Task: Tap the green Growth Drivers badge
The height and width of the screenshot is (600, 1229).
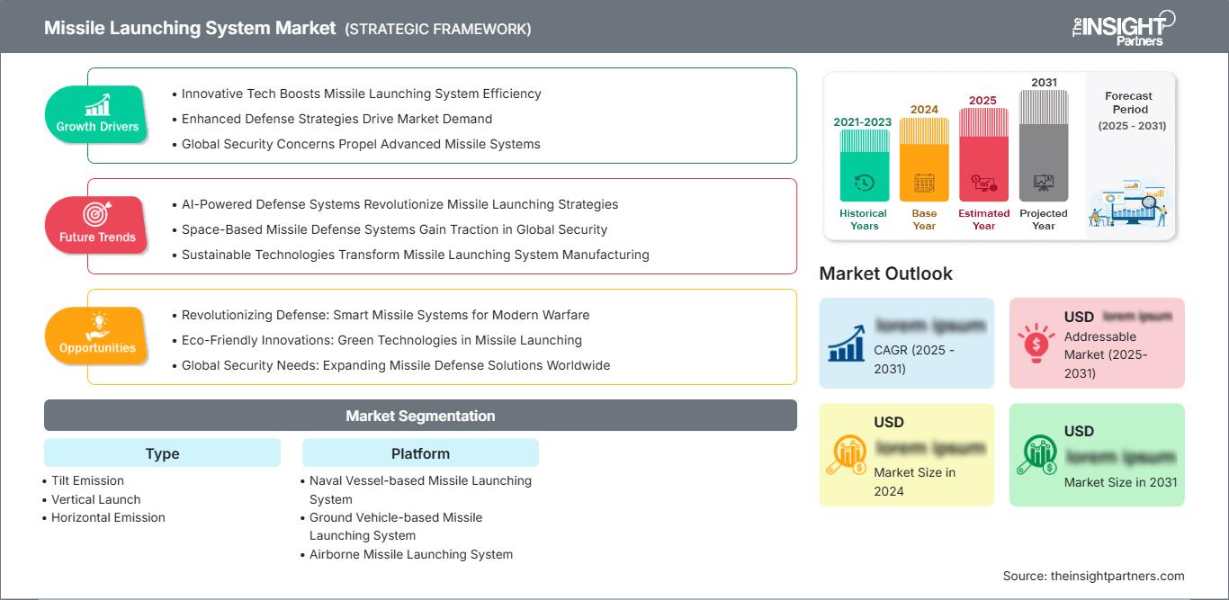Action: tap(97, 115)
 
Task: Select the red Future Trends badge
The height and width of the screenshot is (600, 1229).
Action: tap(97, 225)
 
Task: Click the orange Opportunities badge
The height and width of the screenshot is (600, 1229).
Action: tap(97, 336)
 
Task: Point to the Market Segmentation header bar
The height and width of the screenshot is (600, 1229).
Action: tap(420, 416)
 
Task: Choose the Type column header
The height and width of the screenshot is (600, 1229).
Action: tap(162, 453)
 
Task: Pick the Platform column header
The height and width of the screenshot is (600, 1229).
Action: tap(420, 453)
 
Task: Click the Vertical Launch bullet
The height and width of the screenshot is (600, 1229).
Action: tap(95, 499)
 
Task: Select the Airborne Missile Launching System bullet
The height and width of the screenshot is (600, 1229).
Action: tap(410, 554)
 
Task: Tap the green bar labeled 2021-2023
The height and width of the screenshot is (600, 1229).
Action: tap(864, 166)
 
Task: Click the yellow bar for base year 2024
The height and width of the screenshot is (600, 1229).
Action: tap(924, 159)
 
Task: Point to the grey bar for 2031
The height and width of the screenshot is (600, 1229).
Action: tap(1044, 146)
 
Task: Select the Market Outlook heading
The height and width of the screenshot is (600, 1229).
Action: tap(885, 273)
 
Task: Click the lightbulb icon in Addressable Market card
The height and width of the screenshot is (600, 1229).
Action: tap(1036, 342)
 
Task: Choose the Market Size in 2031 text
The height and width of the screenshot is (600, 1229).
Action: tap(1120, 482)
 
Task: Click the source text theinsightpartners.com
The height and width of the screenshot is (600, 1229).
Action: tap(1093, 576)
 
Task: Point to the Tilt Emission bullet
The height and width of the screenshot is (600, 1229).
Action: tap(87, 480)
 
